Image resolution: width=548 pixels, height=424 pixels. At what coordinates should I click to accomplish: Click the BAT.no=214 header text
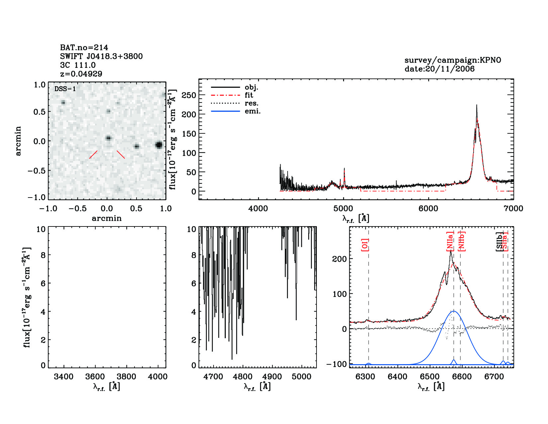point(84,48)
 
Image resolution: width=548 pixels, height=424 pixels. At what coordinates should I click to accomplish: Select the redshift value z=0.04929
point(81,74)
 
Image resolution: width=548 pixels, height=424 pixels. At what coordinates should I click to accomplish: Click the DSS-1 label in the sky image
point(65,89)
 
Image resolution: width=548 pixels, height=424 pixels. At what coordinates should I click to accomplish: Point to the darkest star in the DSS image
point(159,145)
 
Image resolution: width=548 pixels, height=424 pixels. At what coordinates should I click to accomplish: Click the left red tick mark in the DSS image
point(93,155)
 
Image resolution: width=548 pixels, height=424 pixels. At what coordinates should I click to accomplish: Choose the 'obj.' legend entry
point(251,87)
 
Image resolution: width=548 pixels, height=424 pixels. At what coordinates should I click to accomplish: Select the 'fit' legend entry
point(249,95)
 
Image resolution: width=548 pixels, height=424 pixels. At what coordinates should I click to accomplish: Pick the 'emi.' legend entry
point(252,111)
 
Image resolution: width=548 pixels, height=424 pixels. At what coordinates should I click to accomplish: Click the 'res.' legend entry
point(251,103)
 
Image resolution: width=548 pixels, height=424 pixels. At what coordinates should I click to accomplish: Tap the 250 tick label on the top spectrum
point(189,95)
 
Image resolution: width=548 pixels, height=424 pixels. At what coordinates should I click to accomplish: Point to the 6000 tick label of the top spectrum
point(428,209)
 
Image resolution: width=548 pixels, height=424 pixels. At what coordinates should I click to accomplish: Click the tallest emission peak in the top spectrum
point(477,105)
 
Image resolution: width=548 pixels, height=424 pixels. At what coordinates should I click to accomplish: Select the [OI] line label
point(365,245)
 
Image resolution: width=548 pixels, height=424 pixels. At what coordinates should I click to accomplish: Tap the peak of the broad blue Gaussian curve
point(454,311)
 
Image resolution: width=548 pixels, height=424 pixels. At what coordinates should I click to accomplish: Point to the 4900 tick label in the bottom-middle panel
point(272,377)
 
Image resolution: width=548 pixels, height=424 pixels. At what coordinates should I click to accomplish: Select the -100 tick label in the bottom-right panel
point(336,364)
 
